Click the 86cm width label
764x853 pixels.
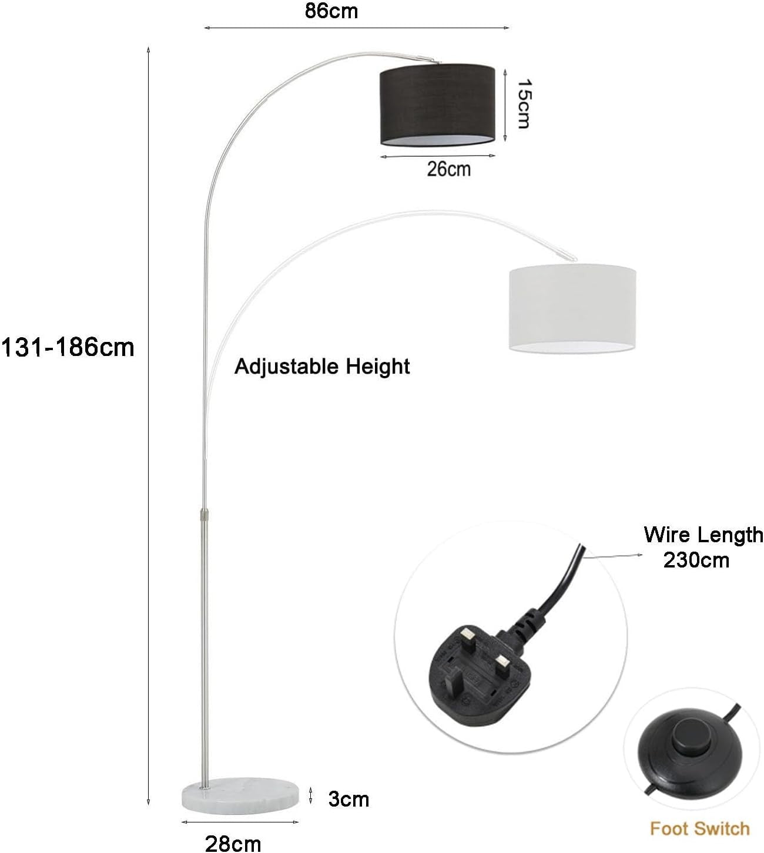331,11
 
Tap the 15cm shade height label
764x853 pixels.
523,103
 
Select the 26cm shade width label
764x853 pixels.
448,169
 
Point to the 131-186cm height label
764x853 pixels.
68,348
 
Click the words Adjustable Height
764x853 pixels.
322,367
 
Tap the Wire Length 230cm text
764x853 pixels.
703,547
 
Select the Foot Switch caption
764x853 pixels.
699,828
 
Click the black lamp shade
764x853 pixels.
437,105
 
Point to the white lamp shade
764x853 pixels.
572,308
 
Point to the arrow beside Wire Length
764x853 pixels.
613,556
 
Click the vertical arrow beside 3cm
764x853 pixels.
311,795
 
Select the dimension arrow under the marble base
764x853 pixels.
240,822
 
